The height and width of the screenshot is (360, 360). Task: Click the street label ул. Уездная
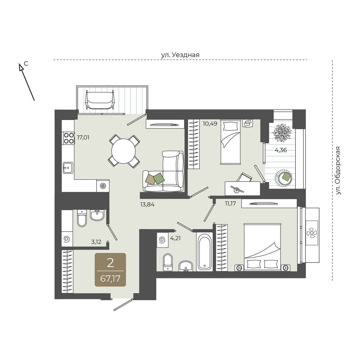(180, 55)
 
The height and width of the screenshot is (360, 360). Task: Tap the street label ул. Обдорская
(338, 171)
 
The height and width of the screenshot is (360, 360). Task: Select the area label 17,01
(83, 138)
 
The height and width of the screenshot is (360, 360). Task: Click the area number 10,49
(210, 124)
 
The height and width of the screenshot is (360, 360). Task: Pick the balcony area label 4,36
(280, 150)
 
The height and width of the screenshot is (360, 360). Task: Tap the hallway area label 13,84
(147, 205)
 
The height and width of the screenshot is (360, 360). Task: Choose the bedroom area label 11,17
(230, 203)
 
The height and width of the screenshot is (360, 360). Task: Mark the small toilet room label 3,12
(96, 242)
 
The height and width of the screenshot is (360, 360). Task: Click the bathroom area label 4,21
(175, 238)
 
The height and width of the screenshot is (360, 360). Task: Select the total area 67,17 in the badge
(110, 279)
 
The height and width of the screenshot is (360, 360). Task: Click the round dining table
(124, 151)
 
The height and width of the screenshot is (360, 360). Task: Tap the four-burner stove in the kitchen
(69, 138)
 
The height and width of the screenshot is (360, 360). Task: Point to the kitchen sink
(68, 168)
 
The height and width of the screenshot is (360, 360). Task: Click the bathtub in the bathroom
(204, 252)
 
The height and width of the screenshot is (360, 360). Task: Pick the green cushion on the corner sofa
(159, 178)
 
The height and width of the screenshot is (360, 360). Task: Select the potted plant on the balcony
(282, 133)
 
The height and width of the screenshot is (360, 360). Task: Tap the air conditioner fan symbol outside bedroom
(312, 233)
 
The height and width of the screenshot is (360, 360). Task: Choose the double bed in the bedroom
(262, 247)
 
